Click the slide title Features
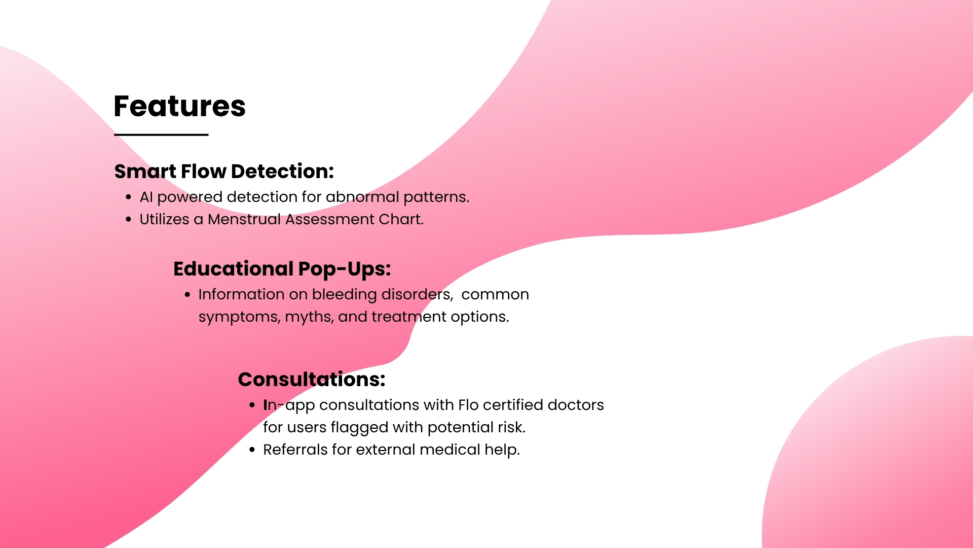pos(179,106)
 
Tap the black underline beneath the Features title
pos(161,134)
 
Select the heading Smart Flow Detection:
pos(224,172)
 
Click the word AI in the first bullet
pos(146,197)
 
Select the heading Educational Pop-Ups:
pos(282,269)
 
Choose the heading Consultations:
pos(312,380)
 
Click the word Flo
pos(468,405)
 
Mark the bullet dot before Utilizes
pos(129,219)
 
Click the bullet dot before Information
pos(188,294)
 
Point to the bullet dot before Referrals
pos(252,450)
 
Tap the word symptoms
pos(239,317)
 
